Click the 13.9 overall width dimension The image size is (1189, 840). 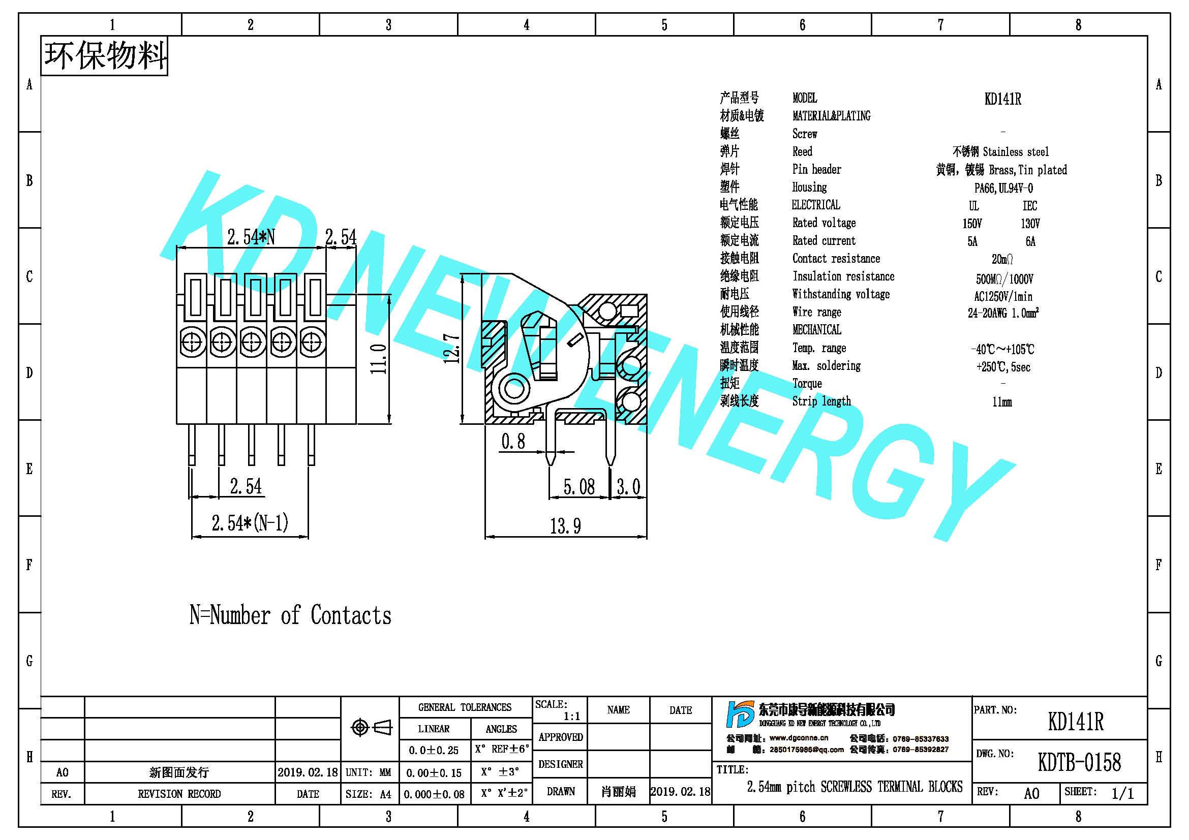(565, 526)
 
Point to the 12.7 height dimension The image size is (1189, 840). (451, 348)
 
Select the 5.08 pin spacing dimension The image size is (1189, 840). (579, 486)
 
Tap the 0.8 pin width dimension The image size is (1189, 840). (513, 442)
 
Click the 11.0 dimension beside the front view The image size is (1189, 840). (378, 359)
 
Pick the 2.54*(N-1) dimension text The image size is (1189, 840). (250, 523)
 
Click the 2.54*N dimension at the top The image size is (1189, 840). (251, 237)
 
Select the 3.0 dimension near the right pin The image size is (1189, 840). (628, 486)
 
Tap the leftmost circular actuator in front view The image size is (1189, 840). (192, 342)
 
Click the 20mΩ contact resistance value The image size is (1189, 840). (1002, 259)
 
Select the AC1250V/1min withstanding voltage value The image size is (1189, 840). (1003, 297)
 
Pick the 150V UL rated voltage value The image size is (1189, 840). (972, 224)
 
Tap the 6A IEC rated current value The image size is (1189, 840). (1030, 241)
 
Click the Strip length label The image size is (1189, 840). (821, 401)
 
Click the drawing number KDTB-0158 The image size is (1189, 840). (1079, 762)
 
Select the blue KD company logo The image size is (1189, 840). (741, 714)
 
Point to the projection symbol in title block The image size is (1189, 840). (371, 728)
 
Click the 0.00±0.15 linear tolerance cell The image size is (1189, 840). (434, 773)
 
